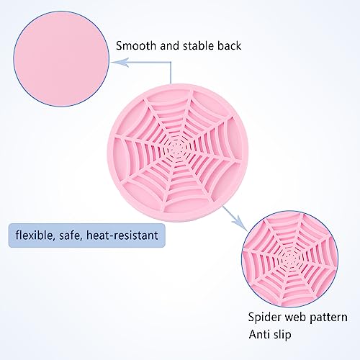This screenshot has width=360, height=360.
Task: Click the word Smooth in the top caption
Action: pos(136,45)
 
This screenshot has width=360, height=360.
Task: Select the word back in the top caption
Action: pos(230,45)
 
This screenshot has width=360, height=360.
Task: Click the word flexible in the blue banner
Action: pos(34,235)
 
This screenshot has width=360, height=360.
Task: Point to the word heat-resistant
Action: pos(122,235)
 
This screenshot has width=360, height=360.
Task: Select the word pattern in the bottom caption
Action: pos(328,318)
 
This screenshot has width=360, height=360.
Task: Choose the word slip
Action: pos(282,335)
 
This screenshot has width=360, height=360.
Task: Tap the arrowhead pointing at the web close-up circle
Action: pos(240,222)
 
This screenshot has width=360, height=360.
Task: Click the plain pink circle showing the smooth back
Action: pos(61,59)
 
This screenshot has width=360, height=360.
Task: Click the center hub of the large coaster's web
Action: pos(177,149)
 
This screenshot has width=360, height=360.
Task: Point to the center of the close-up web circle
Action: pos(290,259)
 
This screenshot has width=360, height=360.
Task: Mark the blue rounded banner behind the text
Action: pos(87,235)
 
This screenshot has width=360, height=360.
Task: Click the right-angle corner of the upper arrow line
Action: pos(171,62)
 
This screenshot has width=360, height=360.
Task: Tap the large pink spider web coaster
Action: pos(178,153)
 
